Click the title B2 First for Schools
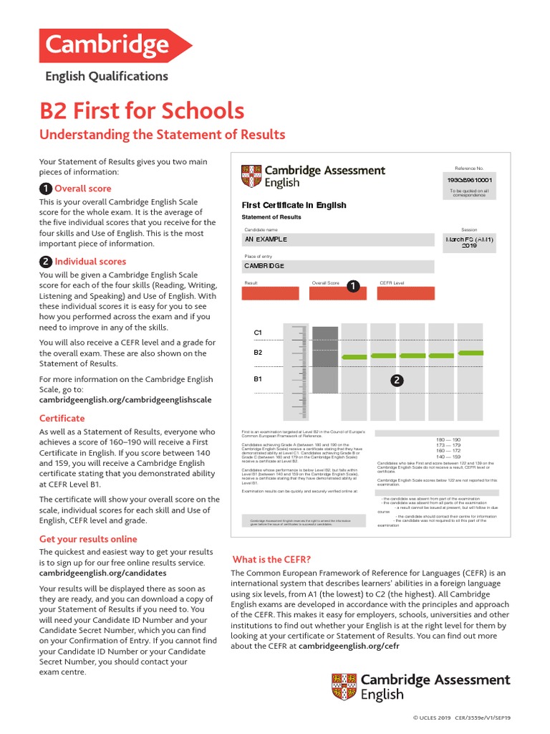click(141, 111)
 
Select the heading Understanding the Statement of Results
click(162, 135)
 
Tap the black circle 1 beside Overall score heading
click(45, 189)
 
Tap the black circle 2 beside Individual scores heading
click(45, 262)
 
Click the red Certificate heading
click(62, 418)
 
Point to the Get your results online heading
click(88, 539)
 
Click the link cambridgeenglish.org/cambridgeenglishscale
click(125, 400)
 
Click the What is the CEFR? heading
click(272, 559)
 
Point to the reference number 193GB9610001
click(470, 180)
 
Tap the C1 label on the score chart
click(259, 333)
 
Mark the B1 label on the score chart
click(259, 378)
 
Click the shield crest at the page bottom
click(343, 687)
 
